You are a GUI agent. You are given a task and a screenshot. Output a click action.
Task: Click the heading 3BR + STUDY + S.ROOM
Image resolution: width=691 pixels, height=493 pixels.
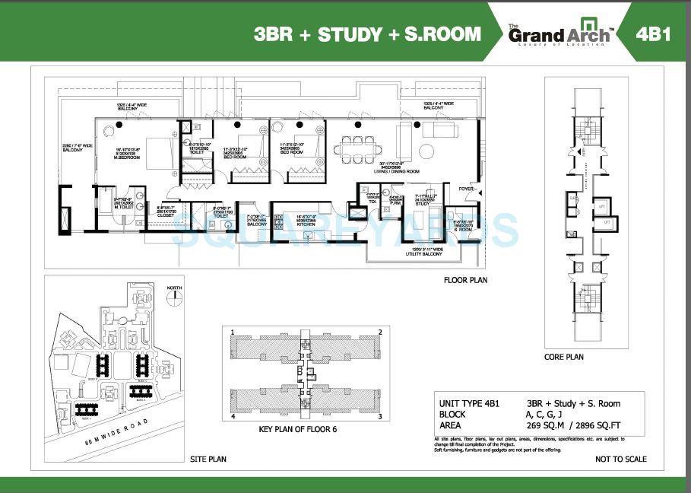pos(368,34)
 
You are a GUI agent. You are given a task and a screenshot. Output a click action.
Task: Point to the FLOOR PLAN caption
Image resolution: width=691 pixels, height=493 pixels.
pos(465,280)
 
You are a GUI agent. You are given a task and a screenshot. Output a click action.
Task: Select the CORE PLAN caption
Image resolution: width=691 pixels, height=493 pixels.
pos(563,356)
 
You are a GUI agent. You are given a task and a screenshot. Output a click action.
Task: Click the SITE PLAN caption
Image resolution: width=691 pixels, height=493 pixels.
pos(207,460)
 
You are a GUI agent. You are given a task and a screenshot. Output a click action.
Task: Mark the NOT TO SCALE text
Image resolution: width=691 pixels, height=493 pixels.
pos(620,460)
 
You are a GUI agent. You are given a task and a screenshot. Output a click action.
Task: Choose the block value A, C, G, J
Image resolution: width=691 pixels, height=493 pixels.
pos(546,415)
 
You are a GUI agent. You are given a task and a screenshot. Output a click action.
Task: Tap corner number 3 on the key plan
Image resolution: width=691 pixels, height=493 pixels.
pos(378,417)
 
